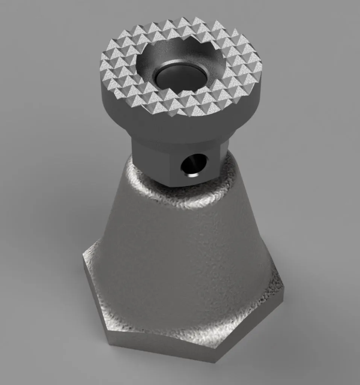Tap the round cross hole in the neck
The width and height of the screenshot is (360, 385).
click(194, 165)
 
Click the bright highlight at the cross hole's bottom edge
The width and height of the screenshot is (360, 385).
click(192, 175)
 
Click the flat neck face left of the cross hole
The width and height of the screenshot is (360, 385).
click(154, 162)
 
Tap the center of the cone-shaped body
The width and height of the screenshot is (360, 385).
click(180, 256)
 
